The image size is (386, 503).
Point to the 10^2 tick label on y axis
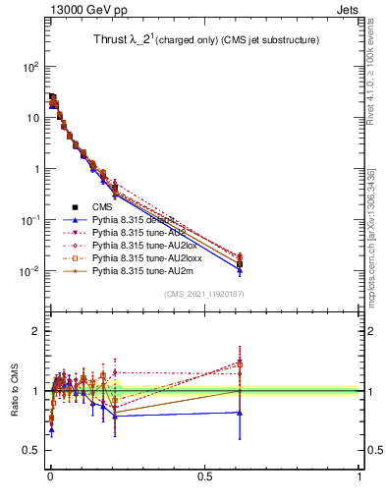[x=29, y=67]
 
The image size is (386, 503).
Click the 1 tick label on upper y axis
[x=35, y=169]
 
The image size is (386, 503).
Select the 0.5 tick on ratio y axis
[x=31, y=450]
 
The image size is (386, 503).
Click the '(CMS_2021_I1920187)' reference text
[x=204, y=293]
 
